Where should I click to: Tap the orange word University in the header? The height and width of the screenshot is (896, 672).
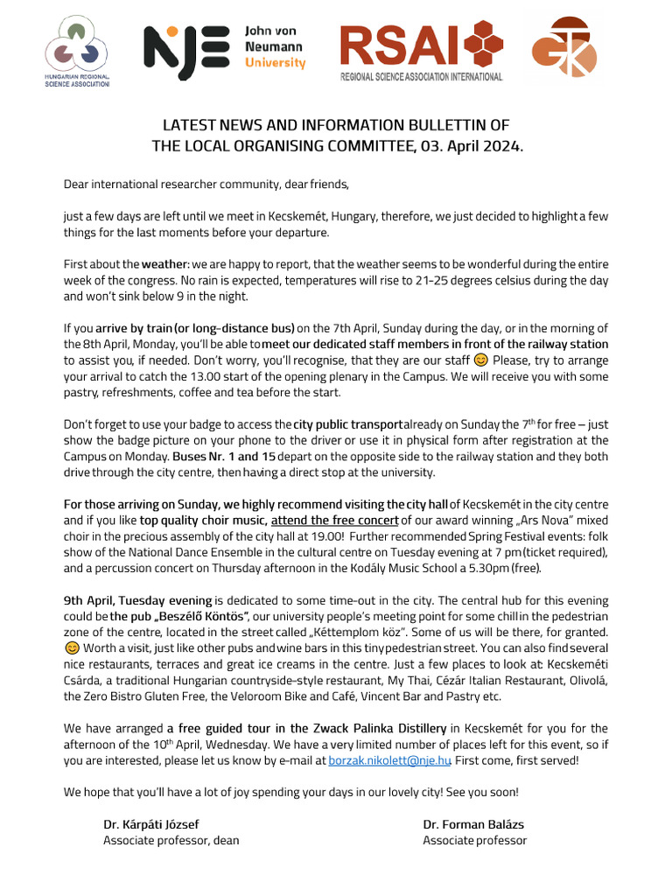(x=276, y=63)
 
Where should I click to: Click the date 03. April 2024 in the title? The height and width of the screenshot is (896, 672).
(x=473, y=146)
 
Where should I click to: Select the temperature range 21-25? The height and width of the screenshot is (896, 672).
(x=448, y=281)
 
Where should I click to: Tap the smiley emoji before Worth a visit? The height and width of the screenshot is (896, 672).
(x=72, y=648)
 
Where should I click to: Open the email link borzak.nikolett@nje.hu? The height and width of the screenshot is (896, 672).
(x=388, y=760)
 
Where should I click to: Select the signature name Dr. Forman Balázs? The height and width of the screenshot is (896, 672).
(x=473, y=824)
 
